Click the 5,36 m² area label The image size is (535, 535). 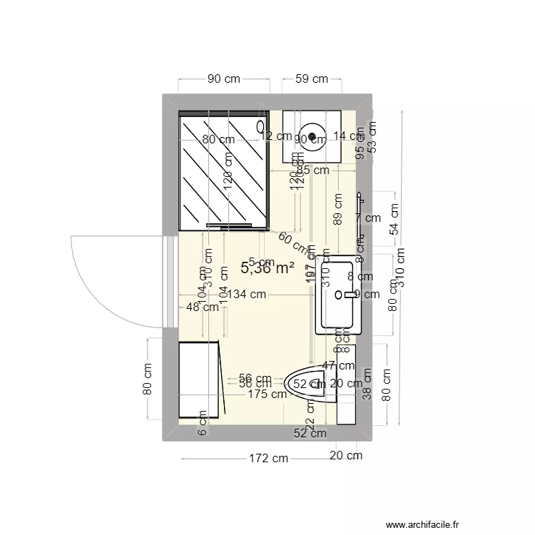[267, 268]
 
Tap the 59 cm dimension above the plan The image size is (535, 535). [312, 79]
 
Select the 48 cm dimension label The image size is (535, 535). [202, 307]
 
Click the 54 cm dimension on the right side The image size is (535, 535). [394, 219]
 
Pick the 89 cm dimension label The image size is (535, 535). [337, 208]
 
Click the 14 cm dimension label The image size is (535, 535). [348, 136]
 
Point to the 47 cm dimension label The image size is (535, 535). [337, 365]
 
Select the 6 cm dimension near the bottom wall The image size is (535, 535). [202, 423]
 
